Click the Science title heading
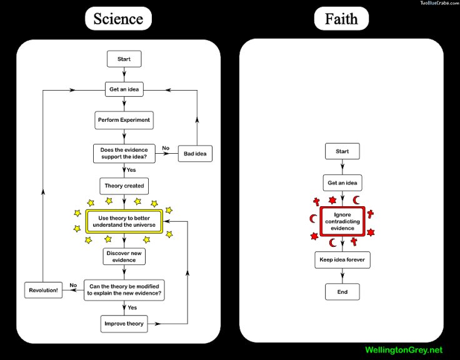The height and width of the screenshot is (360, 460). (x=118, y=19)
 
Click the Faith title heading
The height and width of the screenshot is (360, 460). (x=341, y=19)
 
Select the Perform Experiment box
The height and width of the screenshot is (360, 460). (x=124, y=120)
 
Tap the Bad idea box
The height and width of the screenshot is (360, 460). (x=195, y=154)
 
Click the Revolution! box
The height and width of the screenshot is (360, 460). (x=43, y=290)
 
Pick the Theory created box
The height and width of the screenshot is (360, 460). (x=124, y=186)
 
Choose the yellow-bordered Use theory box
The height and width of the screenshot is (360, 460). (x=124, y=221)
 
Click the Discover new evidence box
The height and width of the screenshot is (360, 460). (x=124, y=256)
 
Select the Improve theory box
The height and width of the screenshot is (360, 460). (x=124, y=324)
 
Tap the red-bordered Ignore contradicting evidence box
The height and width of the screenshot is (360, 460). (x=342, y=221)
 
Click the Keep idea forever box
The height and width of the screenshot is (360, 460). (x=342, y=259)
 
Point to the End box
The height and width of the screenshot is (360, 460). (x=342, y=292)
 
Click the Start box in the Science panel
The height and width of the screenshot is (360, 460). (x=124, y=59)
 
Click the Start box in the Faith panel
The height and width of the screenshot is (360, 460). (x=342, y=151)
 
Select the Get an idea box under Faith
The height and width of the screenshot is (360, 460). (x=342, y=182)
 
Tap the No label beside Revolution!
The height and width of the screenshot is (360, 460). (x=73, y=285)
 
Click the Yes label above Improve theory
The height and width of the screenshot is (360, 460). (x=132, y=307)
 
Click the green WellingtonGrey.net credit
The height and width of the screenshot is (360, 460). (x=404, y=350)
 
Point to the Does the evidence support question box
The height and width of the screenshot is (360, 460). (x=124, y=153)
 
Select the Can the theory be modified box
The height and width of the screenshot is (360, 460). (x=124, y=290)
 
